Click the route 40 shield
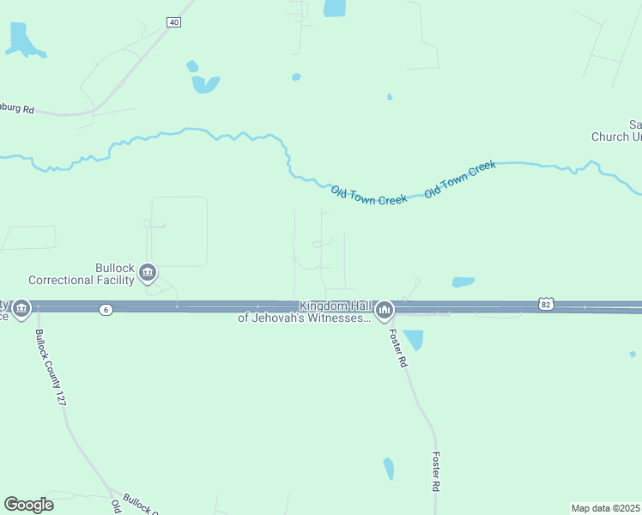174,22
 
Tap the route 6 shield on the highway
105,309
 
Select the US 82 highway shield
546,304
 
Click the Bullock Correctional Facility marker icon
147,274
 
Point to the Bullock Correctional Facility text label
82,274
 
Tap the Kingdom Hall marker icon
384,309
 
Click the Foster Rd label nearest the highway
397,348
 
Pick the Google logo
28,505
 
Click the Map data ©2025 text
605,508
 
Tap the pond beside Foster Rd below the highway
414,340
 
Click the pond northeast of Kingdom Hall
463,282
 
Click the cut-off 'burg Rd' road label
17,109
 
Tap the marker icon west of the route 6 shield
21,308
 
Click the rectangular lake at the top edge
334,9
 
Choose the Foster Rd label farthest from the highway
436,471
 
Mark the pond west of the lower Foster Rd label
389,468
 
